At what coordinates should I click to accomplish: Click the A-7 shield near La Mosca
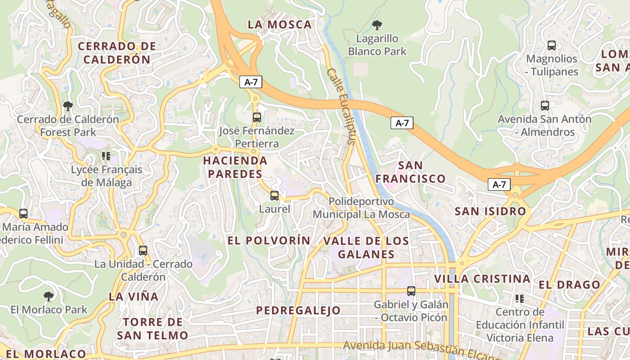[x=251, y=82]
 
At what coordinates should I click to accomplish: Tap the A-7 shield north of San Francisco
[x=402, y=123]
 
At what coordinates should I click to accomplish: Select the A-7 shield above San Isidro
[x=499, y=184]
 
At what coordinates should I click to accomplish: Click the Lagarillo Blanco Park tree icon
[x=377, y=25]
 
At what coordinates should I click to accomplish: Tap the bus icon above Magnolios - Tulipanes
[x=551, y=45]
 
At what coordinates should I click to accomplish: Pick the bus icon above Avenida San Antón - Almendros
[x=544, y=106]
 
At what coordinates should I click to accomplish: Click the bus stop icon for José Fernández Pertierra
[x=256, y=117]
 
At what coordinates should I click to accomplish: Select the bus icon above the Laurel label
[x=274, y=196]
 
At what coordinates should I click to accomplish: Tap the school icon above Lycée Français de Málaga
[x=106, y=156]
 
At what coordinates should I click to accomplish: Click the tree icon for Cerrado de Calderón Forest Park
[x=68, y=106]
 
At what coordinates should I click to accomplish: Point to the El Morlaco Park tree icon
[x=49, y=297]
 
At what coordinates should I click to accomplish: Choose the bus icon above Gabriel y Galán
[x=411, y=291]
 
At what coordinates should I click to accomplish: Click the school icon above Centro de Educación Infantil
[x=520, y=299]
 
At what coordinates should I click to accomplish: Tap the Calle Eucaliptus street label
[x=341, y=106]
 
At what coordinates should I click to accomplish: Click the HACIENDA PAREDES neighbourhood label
[x=235, y=167]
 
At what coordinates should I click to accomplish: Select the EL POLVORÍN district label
[x=269, y=240]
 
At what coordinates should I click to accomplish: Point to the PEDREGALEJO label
[x=298, y=310]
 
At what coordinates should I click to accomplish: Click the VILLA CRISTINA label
[x=482, y=279]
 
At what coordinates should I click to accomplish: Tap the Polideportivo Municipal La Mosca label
[x=361, y=208]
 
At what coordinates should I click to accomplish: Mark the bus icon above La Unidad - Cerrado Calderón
[x=143, y=251]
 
